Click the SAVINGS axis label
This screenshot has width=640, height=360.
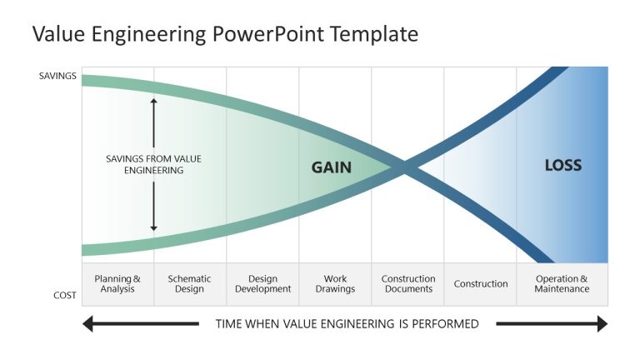(x=57, y=77)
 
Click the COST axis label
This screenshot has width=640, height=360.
(x=65, y=295)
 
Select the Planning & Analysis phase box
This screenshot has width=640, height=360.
(x=117, y=284)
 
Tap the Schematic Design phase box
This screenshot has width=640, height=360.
(x=190, y=284)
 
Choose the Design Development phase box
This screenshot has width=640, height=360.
(x=262, y=284)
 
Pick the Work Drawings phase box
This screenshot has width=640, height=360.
(x=335, y=284)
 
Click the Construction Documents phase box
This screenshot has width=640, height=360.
(x=407, y=284)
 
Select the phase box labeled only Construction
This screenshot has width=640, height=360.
(x=481, y=284)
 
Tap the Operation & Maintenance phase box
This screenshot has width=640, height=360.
(x=562, y=284)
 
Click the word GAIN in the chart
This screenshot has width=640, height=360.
(x=331, y=167)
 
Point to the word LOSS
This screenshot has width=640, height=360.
(x=562, y=165)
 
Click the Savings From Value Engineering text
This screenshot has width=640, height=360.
(x=153, y=164)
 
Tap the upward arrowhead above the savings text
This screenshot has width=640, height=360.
(x=153, y=101)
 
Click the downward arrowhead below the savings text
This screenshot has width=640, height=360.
(x=153, y=227)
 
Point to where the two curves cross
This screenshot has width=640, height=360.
(x=404, y=168)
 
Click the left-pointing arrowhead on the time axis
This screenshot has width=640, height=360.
(x=87, y=323)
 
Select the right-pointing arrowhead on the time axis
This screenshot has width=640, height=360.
(x=602, y=323)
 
